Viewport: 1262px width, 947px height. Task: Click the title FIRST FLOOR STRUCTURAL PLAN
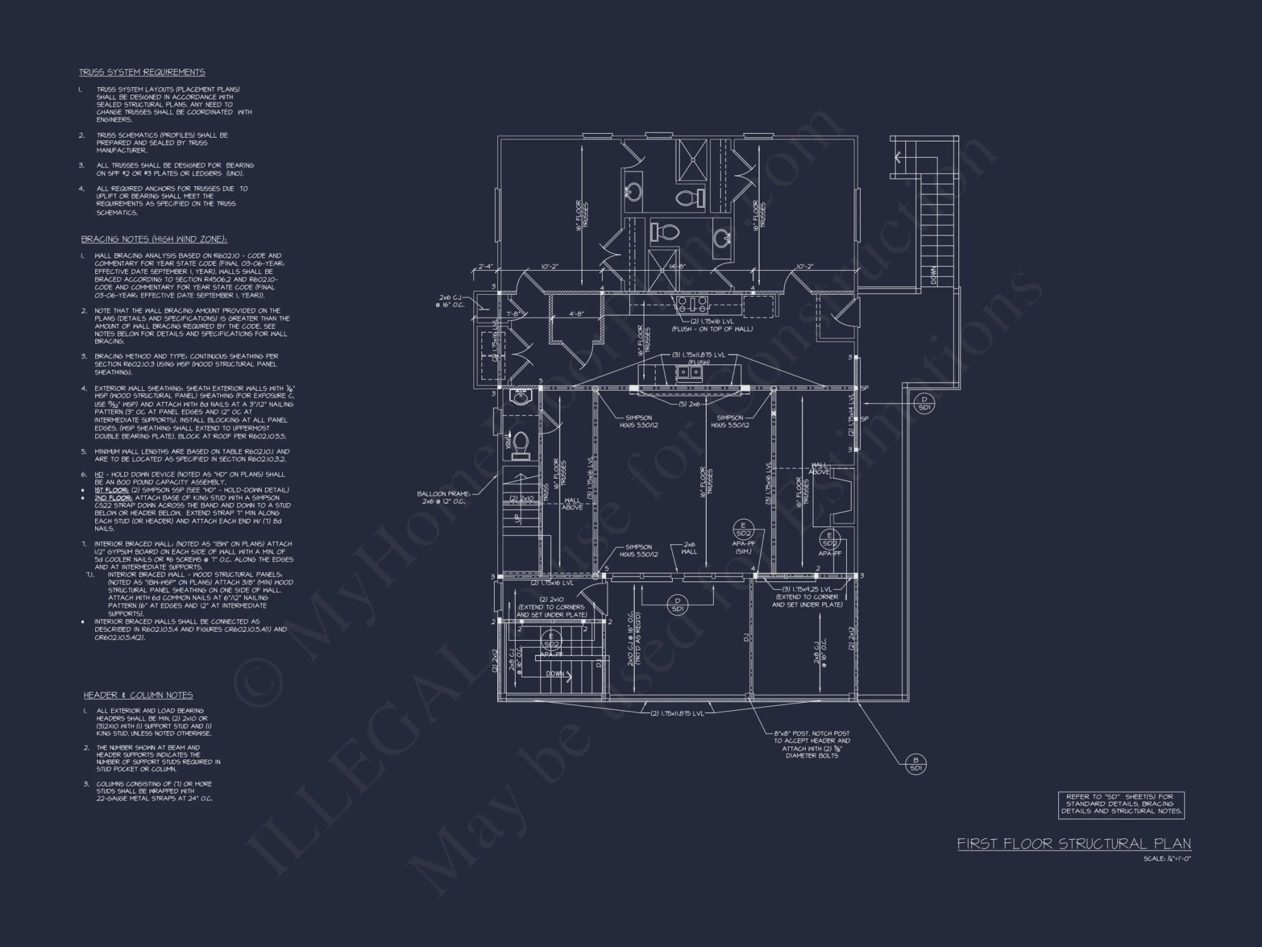[1074, 843]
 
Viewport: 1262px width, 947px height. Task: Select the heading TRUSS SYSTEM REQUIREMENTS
[142, 72]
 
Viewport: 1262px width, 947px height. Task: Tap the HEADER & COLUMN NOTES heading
[138, 695]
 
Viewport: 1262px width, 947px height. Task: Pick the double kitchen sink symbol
[689, 372]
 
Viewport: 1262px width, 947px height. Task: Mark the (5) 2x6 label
[689, 404]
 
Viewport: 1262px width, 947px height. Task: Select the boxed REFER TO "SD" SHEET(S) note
[1121, 805]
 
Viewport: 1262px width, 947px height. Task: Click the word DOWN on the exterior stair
[933, 275]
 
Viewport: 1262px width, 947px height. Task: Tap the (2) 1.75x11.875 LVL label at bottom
[677, 713]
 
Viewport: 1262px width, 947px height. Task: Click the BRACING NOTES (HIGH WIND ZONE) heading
[154, 239]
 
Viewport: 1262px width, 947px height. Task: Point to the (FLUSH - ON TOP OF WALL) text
[712, 328]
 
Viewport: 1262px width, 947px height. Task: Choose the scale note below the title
[1167, 859]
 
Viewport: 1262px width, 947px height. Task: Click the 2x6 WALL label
[689, 547]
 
